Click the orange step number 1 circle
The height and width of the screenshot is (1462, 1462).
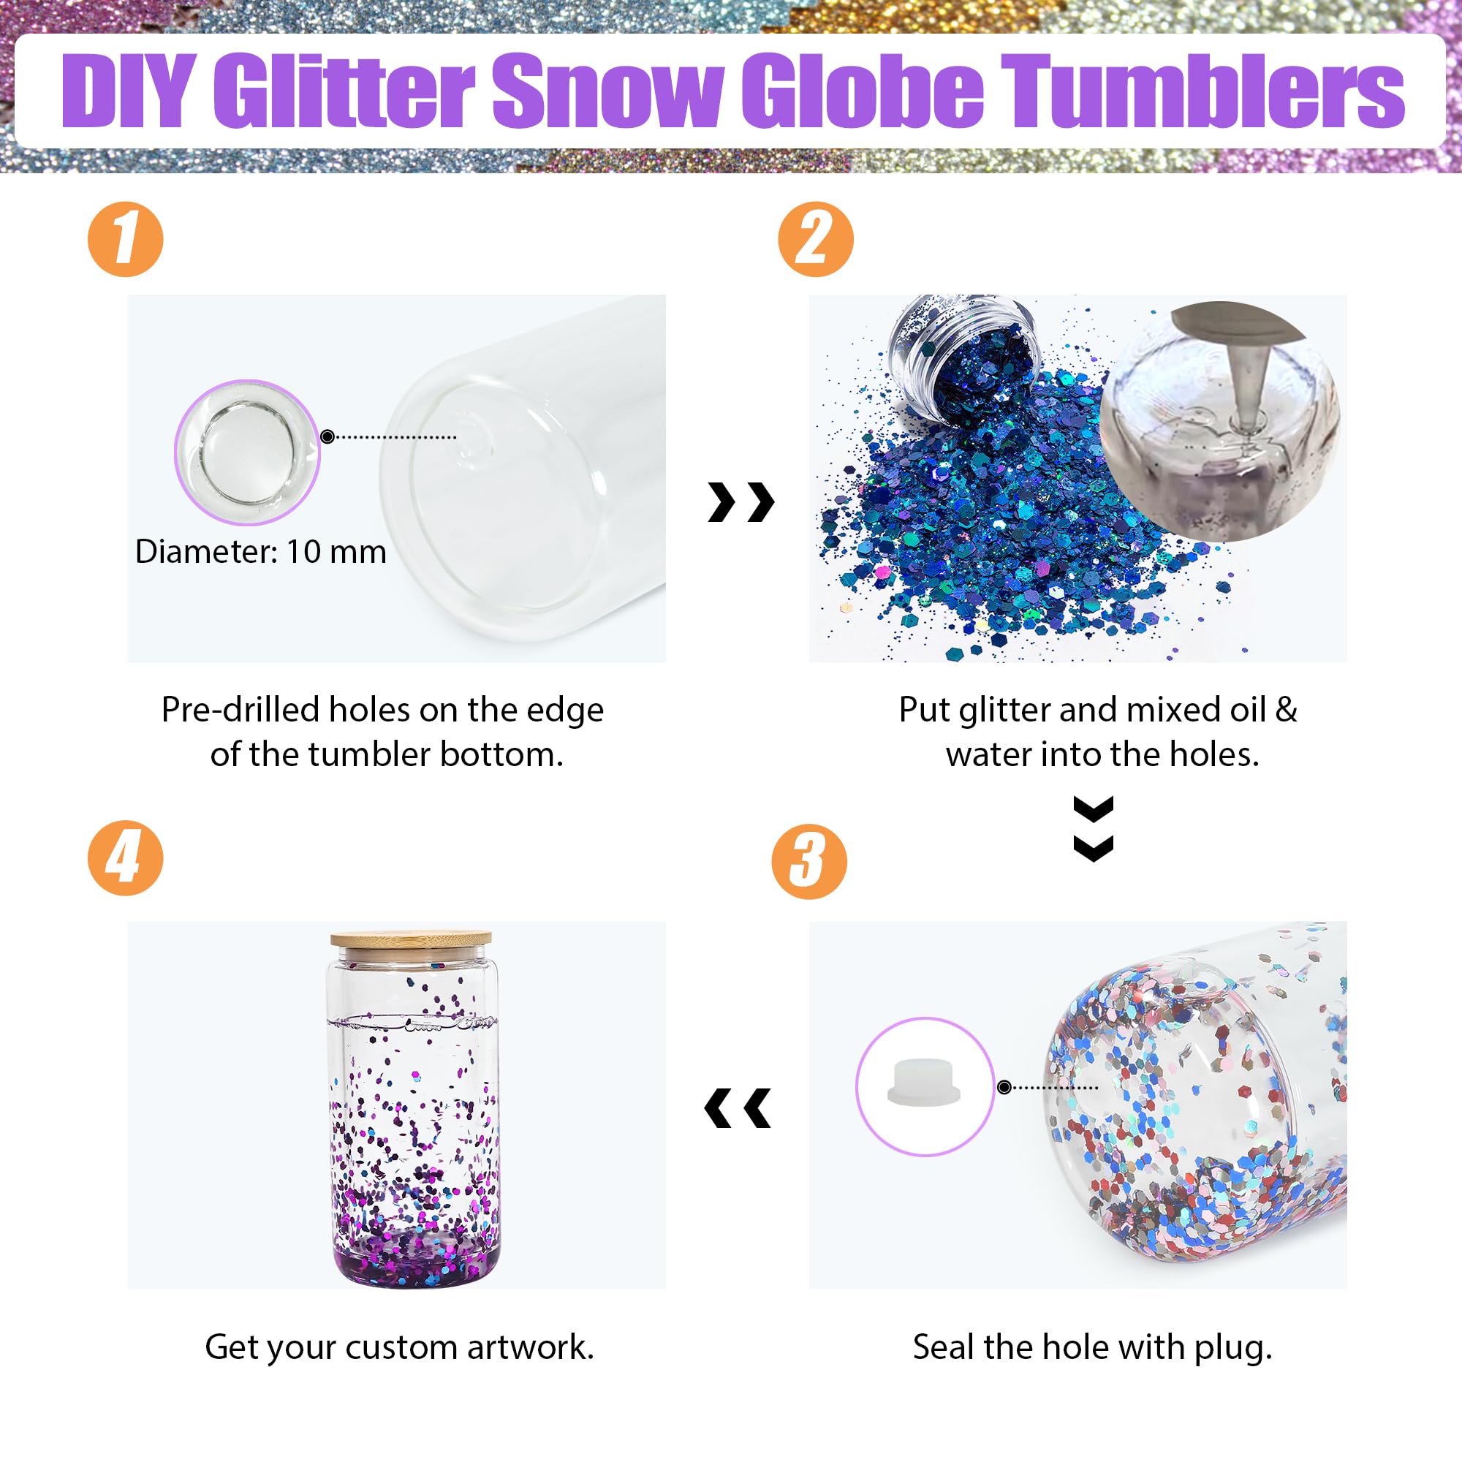(x=126, y=239)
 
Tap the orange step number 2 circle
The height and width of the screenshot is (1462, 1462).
(x=816, y=239)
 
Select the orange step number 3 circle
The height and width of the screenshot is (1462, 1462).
(x=809, y=861)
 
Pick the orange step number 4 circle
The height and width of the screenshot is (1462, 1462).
(x=126, y=858)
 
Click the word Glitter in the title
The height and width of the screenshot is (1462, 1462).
(x=345, y=92)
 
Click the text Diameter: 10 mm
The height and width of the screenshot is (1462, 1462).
(x=260, y=552)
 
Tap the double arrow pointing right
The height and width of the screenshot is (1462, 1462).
(x=741, y=501)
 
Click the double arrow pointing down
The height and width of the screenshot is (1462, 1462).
(x=1094, y=828)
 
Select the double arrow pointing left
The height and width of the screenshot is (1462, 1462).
(x=738, y=1109)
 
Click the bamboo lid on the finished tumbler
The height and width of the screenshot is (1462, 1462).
(x=411, y=940)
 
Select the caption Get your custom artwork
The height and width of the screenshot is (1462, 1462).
(x=400, y=1348)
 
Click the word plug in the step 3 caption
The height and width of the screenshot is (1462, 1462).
(x=1232, y=1348)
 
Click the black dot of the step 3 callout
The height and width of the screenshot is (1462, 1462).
(x=1004, y=1088)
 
